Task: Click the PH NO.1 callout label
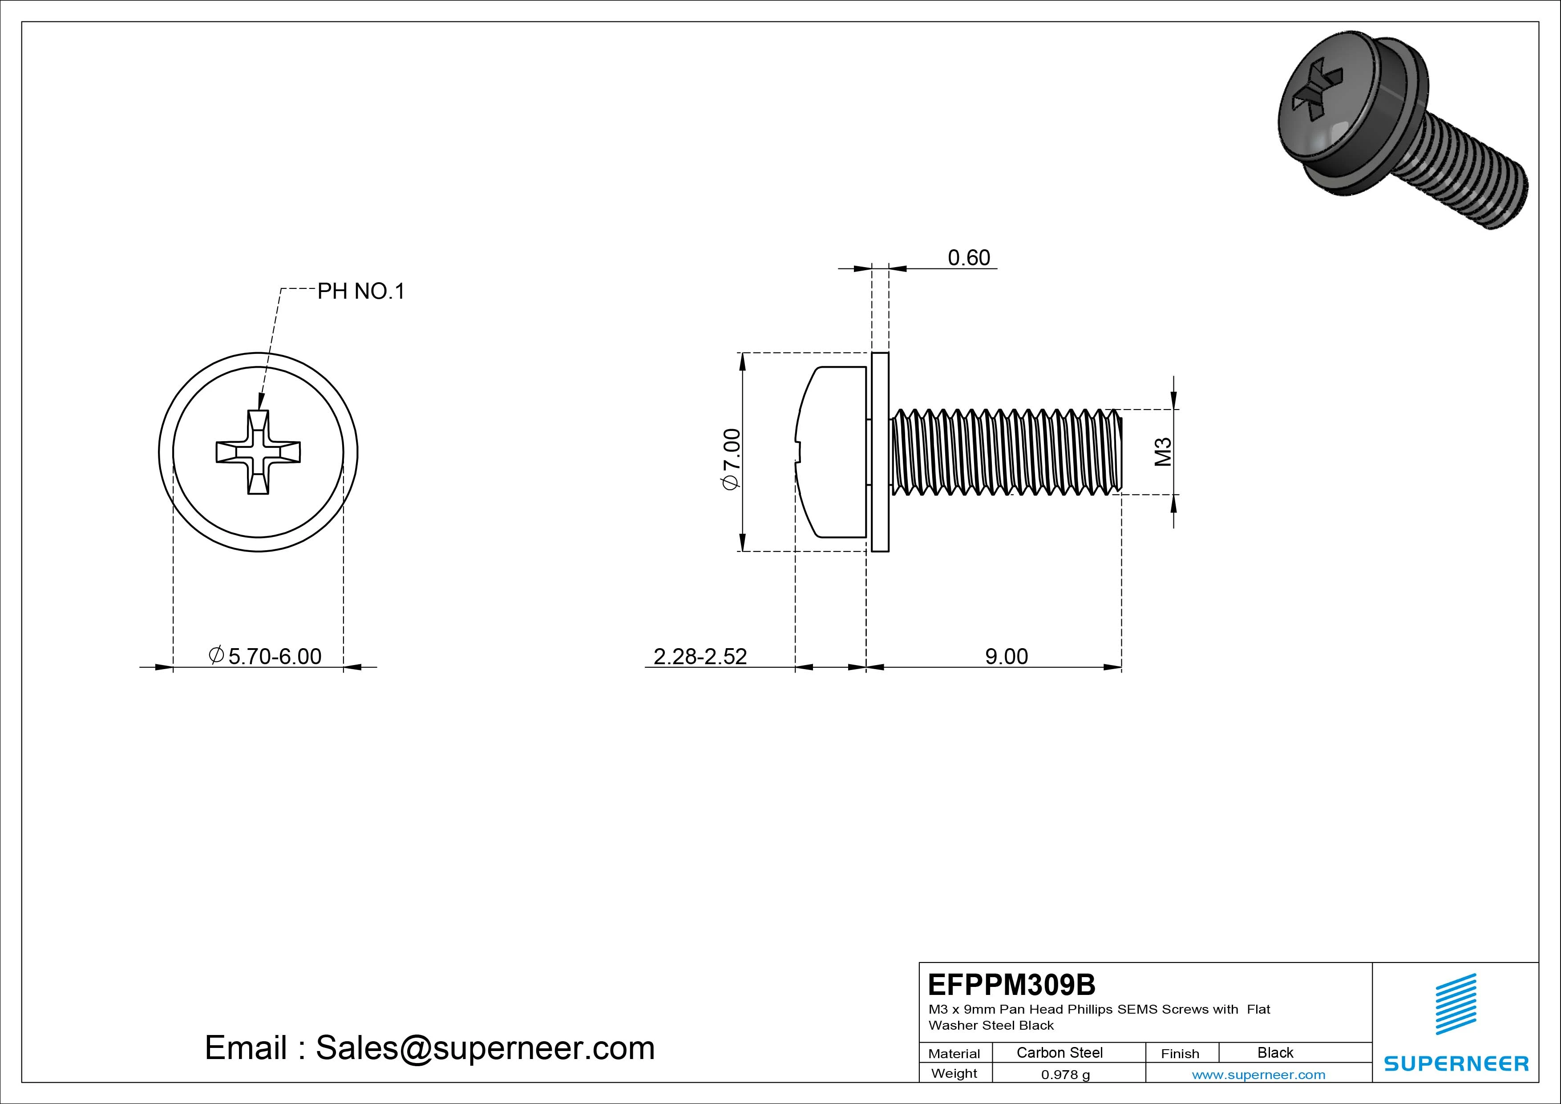coord(360,292)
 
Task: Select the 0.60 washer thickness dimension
coord(968,258)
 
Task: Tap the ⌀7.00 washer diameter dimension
coord(732,459)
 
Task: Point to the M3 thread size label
coord(1163,452)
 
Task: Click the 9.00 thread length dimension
coord(1006,657)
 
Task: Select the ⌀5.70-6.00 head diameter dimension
coord(265,657)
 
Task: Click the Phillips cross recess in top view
coord(259,452)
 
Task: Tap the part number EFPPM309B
coord(1011,984)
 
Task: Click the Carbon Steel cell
coord(1059,1052)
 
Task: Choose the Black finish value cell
coord(1275,1052)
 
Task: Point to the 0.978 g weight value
coord(1065,1075)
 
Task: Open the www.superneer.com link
coord(1258,1075)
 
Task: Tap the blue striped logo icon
coord(1456,1003)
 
